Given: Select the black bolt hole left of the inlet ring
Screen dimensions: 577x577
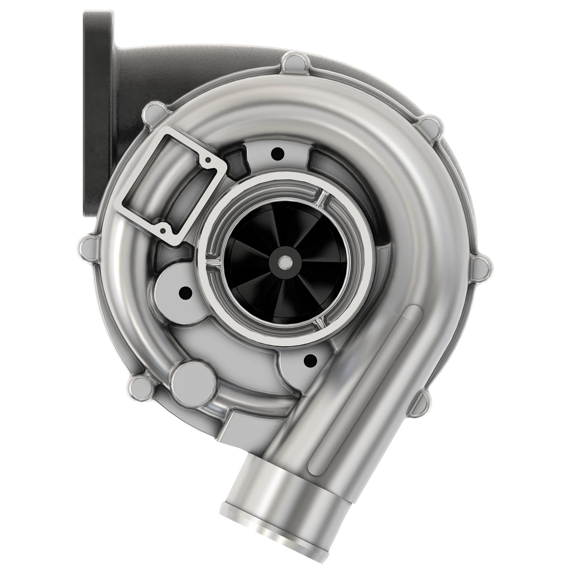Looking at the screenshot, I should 183,291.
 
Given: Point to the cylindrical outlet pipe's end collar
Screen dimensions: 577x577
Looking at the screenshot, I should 269,519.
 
